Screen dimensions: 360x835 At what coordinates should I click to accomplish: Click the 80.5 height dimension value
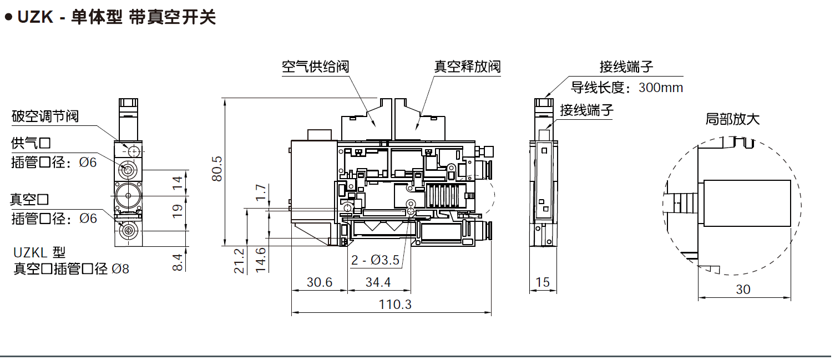pos(217,169)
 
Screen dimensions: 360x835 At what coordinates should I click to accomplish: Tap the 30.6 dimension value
pos(320,282)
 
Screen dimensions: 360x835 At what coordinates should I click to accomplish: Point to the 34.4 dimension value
pos(378,282)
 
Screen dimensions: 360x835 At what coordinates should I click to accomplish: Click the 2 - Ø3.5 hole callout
pos(375,260)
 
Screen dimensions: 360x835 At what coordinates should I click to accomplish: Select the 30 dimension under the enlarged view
pos(743,289)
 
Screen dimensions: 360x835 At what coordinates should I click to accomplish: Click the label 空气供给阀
pos(315,67)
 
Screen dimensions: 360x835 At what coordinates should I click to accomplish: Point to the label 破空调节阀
pos(45,116)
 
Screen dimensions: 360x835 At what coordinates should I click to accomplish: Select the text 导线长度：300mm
pos(627,87)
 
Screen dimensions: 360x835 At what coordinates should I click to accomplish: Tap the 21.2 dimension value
pos(239,260)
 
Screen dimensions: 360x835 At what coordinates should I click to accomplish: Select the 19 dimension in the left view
pos(177,210)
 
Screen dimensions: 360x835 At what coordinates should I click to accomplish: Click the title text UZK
pos(35,17)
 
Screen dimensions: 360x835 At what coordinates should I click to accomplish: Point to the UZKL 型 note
pos(39,252)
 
